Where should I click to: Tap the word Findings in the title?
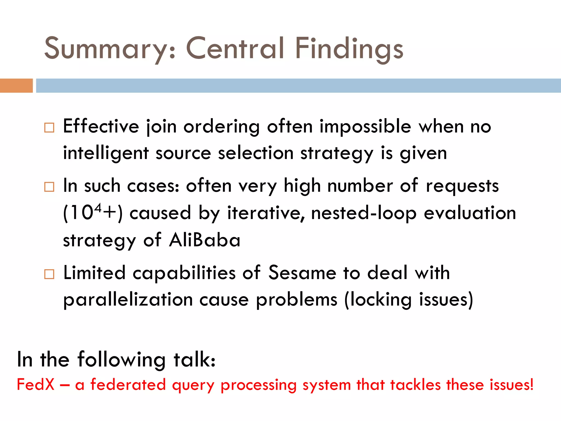tap(349, 49)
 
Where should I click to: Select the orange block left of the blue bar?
tap(16, 86)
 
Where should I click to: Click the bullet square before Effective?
tap(49, 128)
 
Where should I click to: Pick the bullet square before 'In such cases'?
tap(49, 187)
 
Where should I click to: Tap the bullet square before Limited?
tap(49, 274)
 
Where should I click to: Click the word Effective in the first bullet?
tap(101, 127)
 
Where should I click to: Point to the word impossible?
tap(365, 127)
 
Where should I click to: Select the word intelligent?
tap(106, 153)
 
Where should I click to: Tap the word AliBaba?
tap(204, 240)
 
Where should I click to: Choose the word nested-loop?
tap(364, 213)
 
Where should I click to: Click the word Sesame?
tap(302, 273)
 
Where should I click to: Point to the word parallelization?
tap(128, 299)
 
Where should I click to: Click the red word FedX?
tap(36, 384)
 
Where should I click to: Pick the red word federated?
tap(128, 384)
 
